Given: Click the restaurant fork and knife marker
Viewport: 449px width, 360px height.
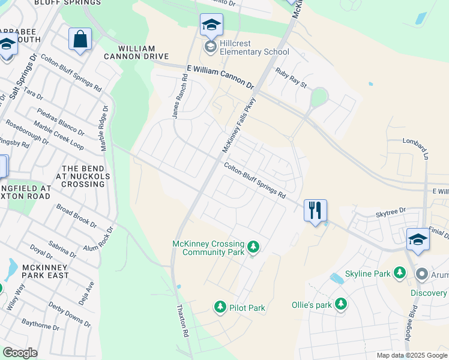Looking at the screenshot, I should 315,211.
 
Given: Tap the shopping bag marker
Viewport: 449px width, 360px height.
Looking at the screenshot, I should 80,40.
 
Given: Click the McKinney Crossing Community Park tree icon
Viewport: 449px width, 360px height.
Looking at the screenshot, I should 253,247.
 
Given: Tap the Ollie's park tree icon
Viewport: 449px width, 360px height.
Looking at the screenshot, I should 341,304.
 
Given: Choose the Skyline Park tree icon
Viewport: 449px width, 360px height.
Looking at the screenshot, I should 400,274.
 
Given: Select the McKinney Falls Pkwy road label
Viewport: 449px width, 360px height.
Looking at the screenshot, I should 239,125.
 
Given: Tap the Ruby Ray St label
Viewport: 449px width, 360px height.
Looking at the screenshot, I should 291,78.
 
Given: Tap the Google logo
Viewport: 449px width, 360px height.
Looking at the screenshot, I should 20,352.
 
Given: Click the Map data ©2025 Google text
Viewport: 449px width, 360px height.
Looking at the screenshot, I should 412,355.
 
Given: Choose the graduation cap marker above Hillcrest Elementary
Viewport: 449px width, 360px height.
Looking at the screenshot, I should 211,25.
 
